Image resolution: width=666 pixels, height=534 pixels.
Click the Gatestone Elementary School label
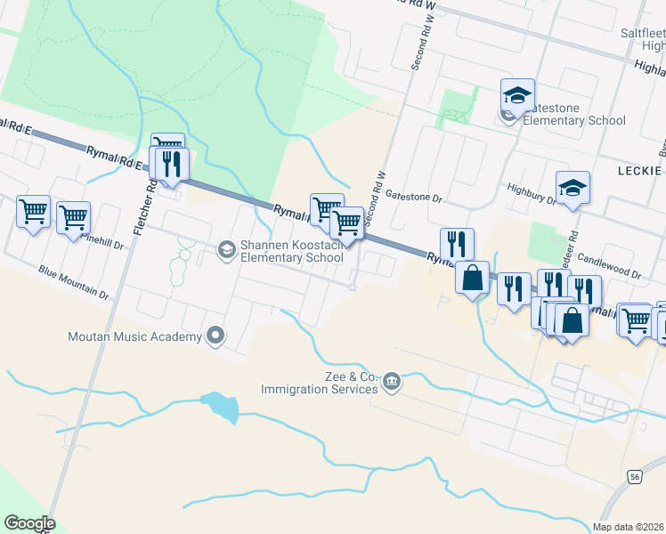[x=574, y=114]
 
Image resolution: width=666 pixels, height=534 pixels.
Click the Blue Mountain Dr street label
[x=73, y=280]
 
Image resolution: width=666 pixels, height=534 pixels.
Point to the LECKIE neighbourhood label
[x=639, y=170]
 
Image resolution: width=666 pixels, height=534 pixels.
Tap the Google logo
[x=28, y=523]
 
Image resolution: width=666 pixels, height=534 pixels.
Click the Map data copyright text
[x=629, y=527]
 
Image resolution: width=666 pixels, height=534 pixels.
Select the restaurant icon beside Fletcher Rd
[x=171, y=163]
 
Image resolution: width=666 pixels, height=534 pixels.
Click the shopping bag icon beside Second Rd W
[x=473, y=277]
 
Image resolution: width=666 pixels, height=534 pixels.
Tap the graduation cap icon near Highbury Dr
[x=573, y=187]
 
